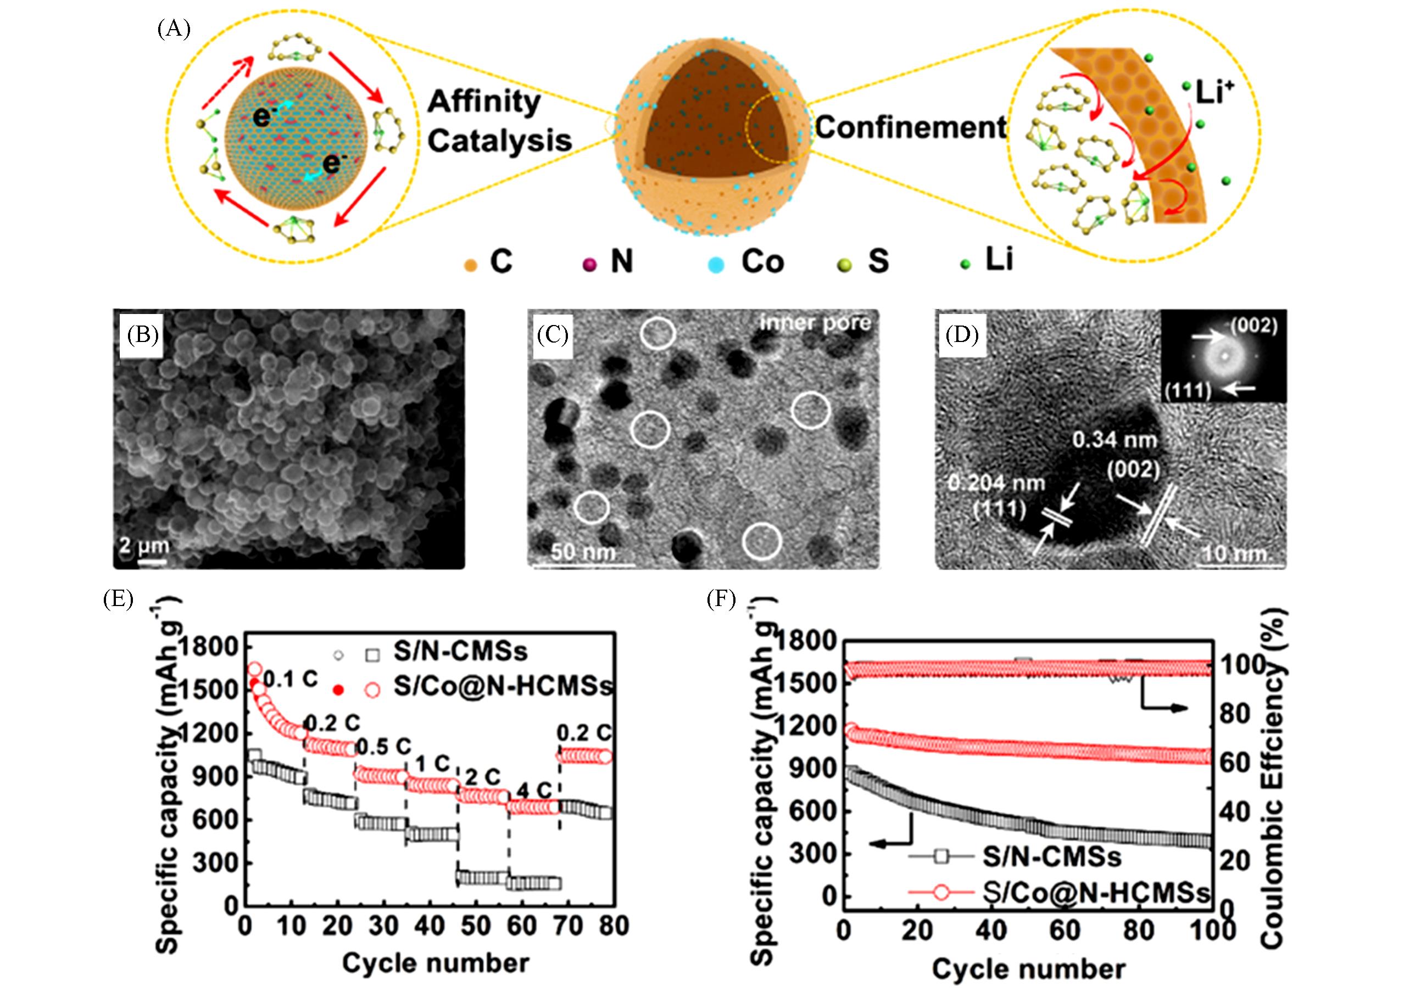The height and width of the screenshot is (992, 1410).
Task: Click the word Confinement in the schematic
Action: (910, 128)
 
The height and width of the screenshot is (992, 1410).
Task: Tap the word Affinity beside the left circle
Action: (483, 102)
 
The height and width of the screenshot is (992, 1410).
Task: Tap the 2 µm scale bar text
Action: (144, 545)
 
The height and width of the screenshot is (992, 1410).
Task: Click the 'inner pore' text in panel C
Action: (815, 323)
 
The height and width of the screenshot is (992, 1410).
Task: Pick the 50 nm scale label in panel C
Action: (583, 552)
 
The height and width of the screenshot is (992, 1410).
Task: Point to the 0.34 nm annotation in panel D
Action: (1114, 440)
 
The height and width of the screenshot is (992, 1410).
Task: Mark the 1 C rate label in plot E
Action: (433, 764)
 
